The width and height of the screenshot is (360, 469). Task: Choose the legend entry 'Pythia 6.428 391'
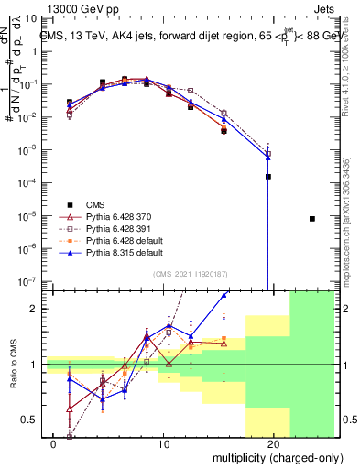(114, 229)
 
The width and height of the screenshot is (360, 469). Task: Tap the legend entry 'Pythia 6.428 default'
(119, 240)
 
